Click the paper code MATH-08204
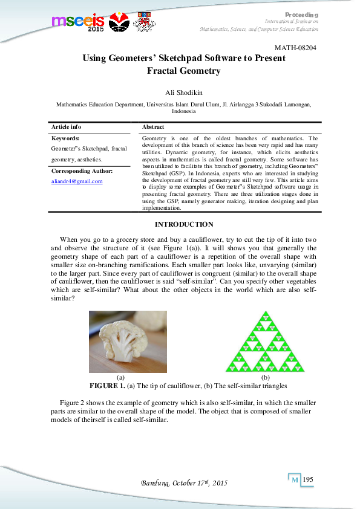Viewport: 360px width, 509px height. tap(295, 47)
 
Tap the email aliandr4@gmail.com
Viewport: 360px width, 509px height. tap(77, 181)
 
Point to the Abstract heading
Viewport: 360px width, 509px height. tap(152, 128)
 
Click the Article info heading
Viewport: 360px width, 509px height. tap(66, 128)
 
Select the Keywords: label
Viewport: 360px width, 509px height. tap(65, 138)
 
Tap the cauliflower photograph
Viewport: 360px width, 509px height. tap(128, 341)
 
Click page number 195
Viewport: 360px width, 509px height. tap(309, 479)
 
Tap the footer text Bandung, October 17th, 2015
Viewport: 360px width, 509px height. tap(183, 484)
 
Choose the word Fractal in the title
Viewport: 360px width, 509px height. tap(166, 71)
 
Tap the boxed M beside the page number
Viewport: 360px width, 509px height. tap(295, 480)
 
